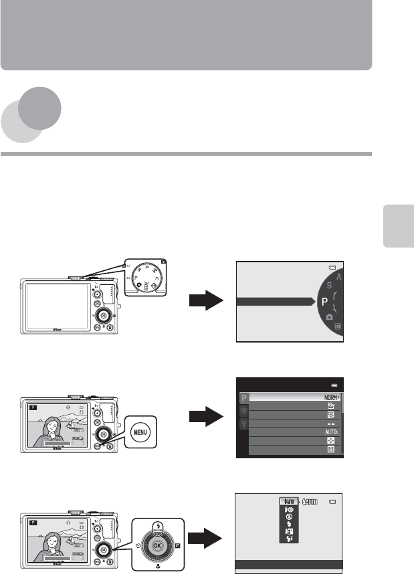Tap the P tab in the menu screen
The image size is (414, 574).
(243, 397)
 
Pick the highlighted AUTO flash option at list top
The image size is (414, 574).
(287, 502)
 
